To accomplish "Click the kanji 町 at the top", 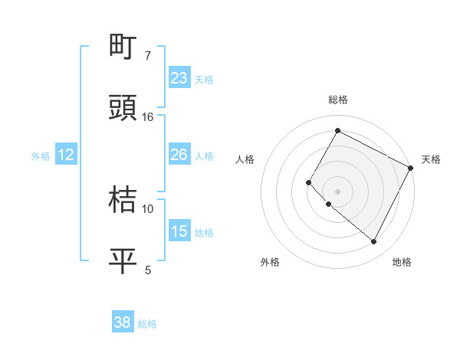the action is click(123, 48).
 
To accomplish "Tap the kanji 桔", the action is click(123, 201).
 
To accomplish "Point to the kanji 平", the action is click(123, 260).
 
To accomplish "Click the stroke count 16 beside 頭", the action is click(148, 117).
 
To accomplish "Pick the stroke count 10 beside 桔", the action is click(148, 208).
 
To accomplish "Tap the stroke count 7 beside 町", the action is click(148, 56).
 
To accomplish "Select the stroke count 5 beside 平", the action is click(148, 269).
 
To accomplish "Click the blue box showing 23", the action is click(179, 78).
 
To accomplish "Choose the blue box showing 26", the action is click(179, 155).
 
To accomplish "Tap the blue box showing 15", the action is click(179, 231).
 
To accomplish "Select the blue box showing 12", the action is click(66, 155).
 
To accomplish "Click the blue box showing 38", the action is click(123, 322).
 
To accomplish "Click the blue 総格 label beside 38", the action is click(147, 324).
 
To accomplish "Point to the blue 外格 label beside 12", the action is click(41, 156).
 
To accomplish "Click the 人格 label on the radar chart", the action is click(245, 159).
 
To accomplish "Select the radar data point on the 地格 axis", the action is click(373, 242).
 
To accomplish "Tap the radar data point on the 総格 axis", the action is click(337, 130).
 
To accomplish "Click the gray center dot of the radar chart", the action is click(337, 191).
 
